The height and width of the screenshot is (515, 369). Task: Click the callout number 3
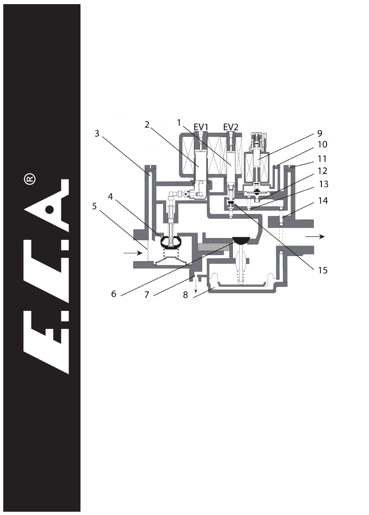(x=97, y=134)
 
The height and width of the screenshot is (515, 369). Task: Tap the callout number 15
(x=323, y=271)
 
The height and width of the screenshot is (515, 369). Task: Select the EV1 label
(x=201, y=127)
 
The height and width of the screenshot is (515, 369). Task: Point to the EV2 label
(x=231, y=127)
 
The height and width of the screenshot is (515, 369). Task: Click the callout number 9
(x=320, y=133)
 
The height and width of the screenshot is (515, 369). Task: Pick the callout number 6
(x=114, y=294)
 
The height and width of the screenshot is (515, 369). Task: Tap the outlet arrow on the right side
(x=315, y=236)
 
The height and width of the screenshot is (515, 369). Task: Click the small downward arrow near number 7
(x=196, y=286)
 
